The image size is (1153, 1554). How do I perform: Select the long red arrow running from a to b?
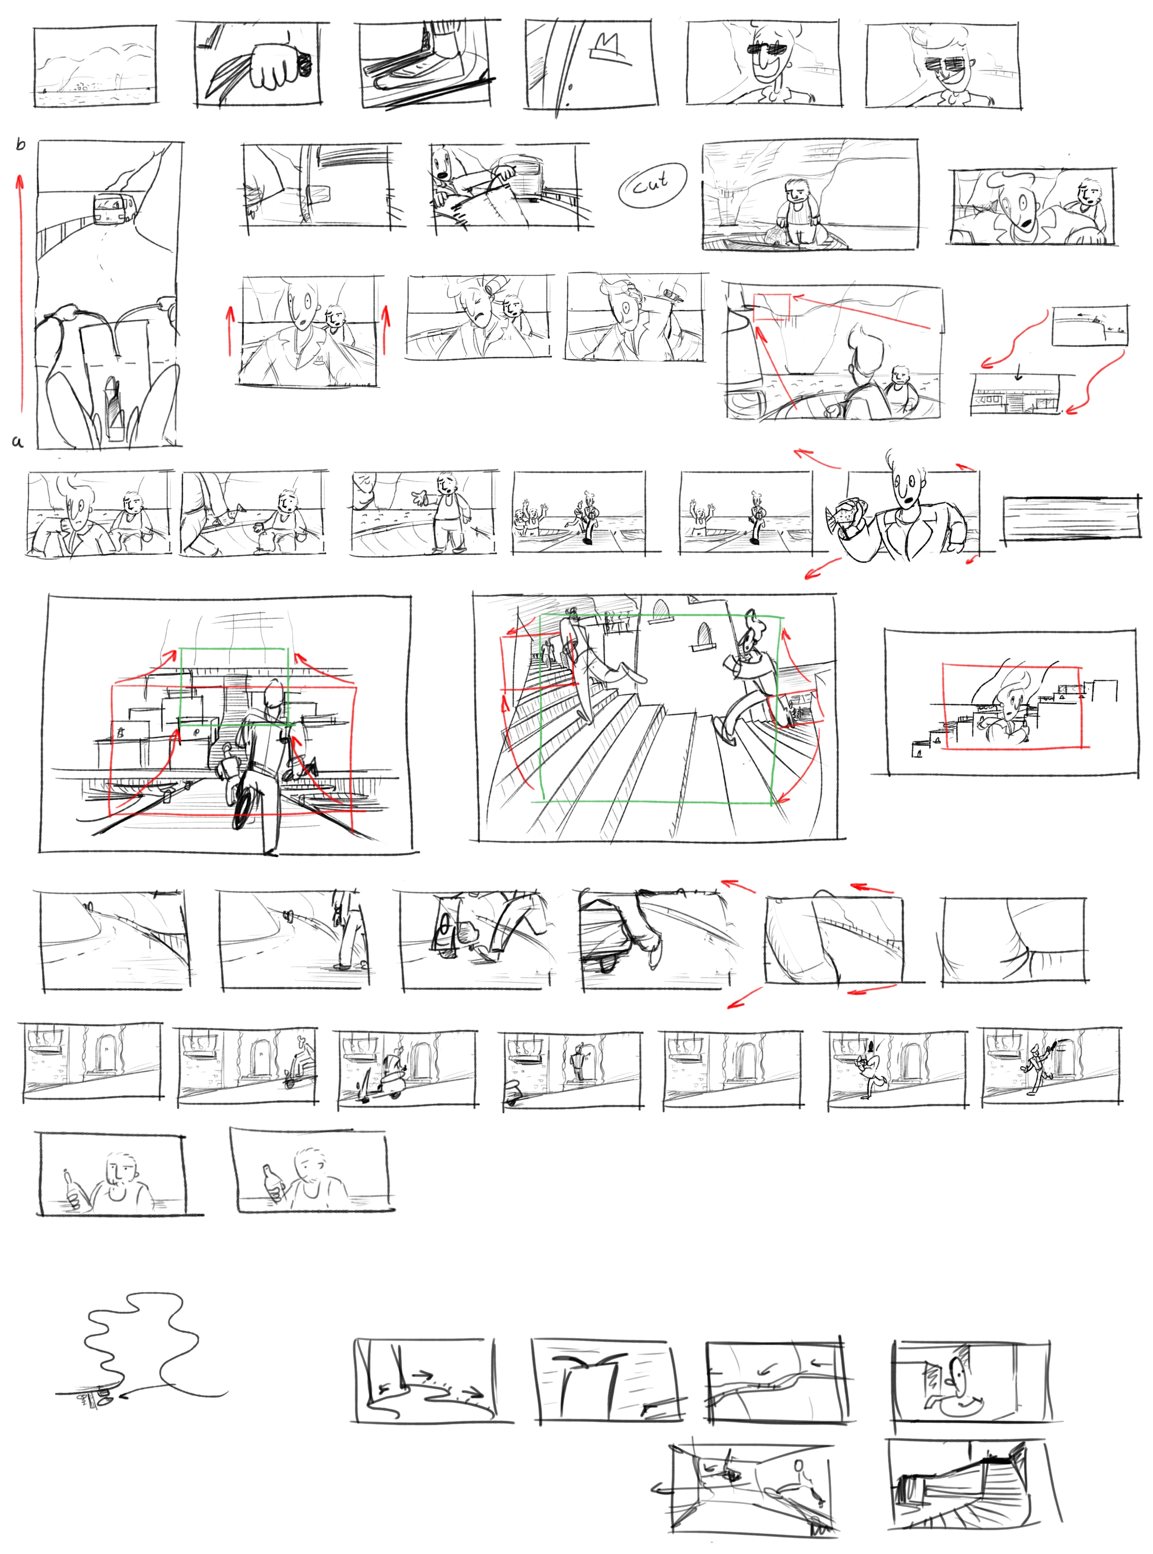tap(21, 293)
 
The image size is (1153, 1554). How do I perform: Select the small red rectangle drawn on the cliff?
tap(772, 307)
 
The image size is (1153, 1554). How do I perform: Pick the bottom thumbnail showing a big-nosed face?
tap(971, 1382)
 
